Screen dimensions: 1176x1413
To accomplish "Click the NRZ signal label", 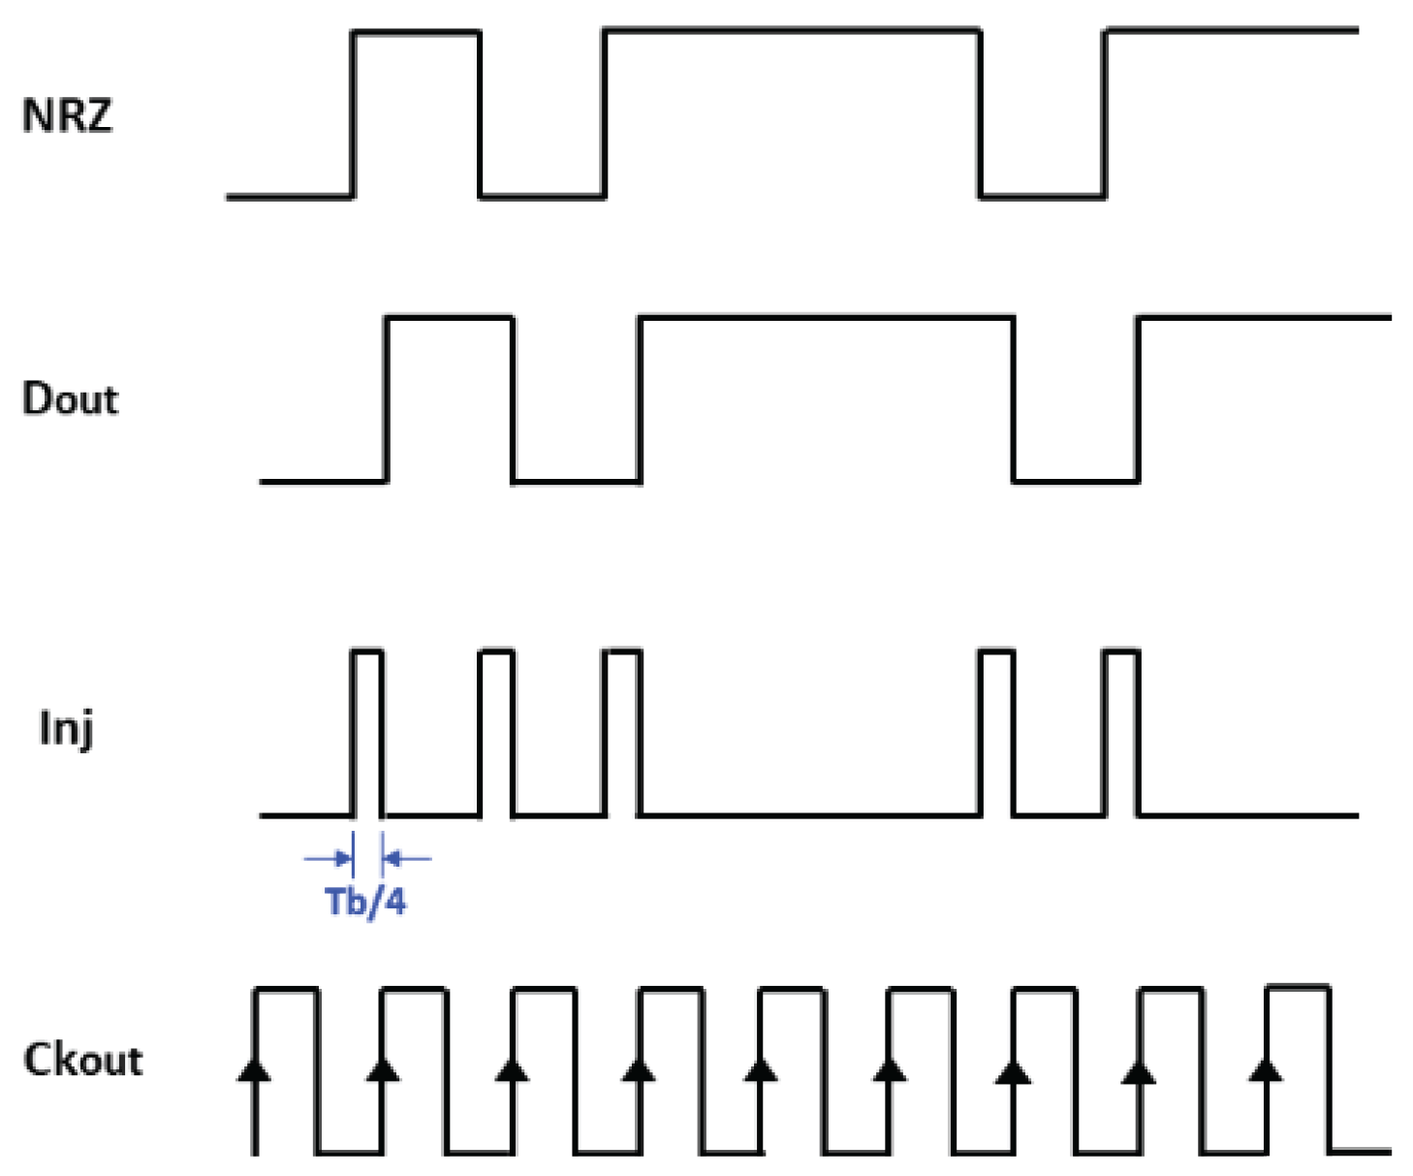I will [67, 115].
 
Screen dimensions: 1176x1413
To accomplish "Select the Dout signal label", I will [70, 399].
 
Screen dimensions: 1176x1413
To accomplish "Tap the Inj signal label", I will [66, 727].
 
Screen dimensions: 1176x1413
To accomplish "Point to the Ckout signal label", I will [83, 1060].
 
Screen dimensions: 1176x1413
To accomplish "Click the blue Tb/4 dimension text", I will [365, 902].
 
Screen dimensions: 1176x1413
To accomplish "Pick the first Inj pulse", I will [367, 732].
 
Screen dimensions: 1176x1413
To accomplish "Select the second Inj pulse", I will [496, 732].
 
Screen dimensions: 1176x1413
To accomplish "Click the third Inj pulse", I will [622, 732].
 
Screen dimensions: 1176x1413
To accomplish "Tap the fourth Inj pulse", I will [997, 732].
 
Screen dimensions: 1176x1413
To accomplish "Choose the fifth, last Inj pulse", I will [1121, 732].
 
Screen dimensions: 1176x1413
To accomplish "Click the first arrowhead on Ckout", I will [255, 1069].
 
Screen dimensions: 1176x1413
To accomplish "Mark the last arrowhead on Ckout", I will [1266, 1069].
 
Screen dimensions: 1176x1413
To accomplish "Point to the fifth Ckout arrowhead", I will [761, 1069].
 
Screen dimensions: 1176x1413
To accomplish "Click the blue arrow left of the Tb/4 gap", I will [329, 858].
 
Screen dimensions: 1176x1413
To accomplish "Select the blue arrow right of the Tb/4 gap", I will [407, 858].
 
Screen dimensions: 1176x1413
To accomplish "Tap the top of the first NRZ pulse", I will [416, 32].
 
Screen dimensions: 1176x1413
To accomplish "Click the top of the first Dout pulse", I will [449, 317].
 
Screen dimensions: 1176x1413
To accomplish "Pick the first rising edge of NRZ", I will [353, 114].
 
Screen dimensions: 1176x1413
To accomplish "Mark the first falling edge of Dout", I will [513, 398].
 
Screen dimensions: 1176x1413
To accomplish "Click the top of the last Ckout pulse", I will [1298, 988].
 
